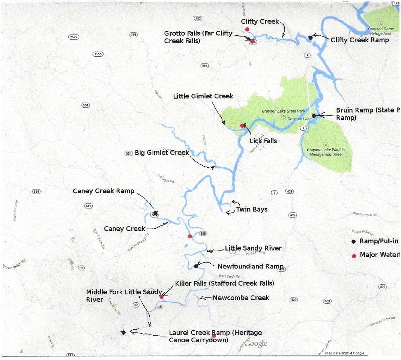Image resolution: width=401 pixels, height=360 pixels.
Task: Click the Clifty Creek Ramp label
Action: (x=359, y=40)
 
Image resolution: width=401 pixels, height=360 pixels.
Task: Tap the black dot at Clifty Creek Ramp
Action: (x=310, y=37)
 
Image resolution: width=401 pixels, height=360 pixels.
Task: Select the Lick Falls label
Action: (x=263, y=141)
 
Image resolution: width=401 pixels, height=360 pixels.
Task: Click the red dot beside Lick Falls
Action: (x=242, y=126)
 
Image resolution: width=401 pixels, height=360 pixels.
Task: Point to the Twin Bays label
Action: (x=251, y=209)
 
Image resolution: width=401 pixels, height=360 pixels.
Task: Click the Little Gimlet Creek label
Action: (x=203, y=96)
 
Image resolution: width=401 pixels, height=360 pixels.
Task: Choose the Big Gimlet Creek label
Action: (x=162, y=153)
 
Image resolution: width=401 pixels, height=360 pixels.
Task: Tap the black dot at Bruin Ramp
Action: (x=314, y=115)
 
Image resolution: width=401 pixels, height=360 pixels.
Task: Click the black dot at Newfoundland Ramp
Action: (x=196, y=266)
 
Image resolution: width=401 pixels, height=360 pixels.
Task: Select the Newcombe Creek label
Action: (x=241, y=298)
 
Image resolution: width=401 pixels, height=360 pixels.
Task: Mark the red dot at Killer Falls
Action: (x=161, y=297)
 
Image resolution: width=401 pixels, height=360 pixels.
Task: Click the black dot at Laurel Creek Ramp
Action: (x=123, y=332)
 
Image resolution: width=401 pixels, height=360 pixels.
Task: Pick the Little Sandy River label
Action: (x=253, y=248)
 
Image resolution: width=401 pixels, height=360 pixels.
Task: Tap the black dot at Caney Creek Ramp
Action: (x=155, y=213)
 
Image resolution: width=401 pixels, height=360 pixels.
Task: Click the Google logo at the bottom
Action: (x=256, y=343)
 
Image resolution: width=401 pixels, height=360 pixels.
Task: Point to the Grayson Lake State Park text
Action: (x=283, y=111)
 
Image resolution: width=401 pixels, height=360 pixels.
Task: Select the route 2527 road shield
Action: (x=74, y=37)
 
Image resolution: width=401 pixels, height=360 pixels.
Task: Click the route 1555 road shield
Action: (x=98, y=54)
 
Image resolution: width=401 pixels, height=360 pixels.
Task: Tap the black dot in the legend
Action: (x=353, y=241)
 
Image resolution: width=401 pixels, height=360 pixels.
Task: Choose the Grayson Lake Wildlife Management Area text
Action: (x=325, y=152)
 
